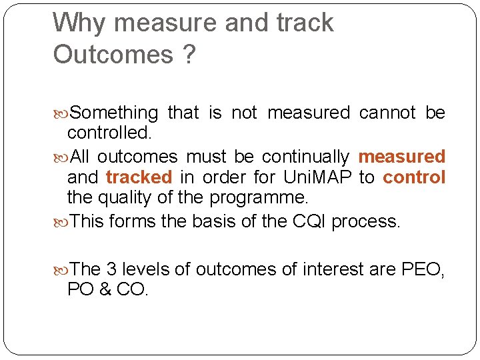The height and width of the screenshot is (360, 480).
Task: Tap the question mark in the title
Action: [x=189, y=55]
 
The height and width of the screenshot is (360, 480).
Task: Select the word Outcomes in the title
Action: [x=113, y=55]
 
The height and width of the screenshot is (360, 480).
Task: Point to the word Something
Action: [x=114, y=113]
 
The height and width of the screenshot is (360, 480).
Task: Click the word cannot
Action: [x=387, y=113]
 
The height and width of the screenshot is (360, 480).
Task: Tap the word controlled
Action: [x=109, y=133]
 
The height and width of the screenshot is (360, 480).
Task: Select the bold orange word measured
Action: [x=401, y=157]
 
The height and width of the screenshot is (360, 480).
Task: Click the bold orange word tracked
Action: [x=139, y=177]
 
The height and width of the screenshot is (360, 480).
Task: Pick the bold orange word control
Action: [x=414, y=177]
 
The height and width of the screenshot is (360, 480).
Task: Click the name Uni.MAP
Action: [x=317, y=177]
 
